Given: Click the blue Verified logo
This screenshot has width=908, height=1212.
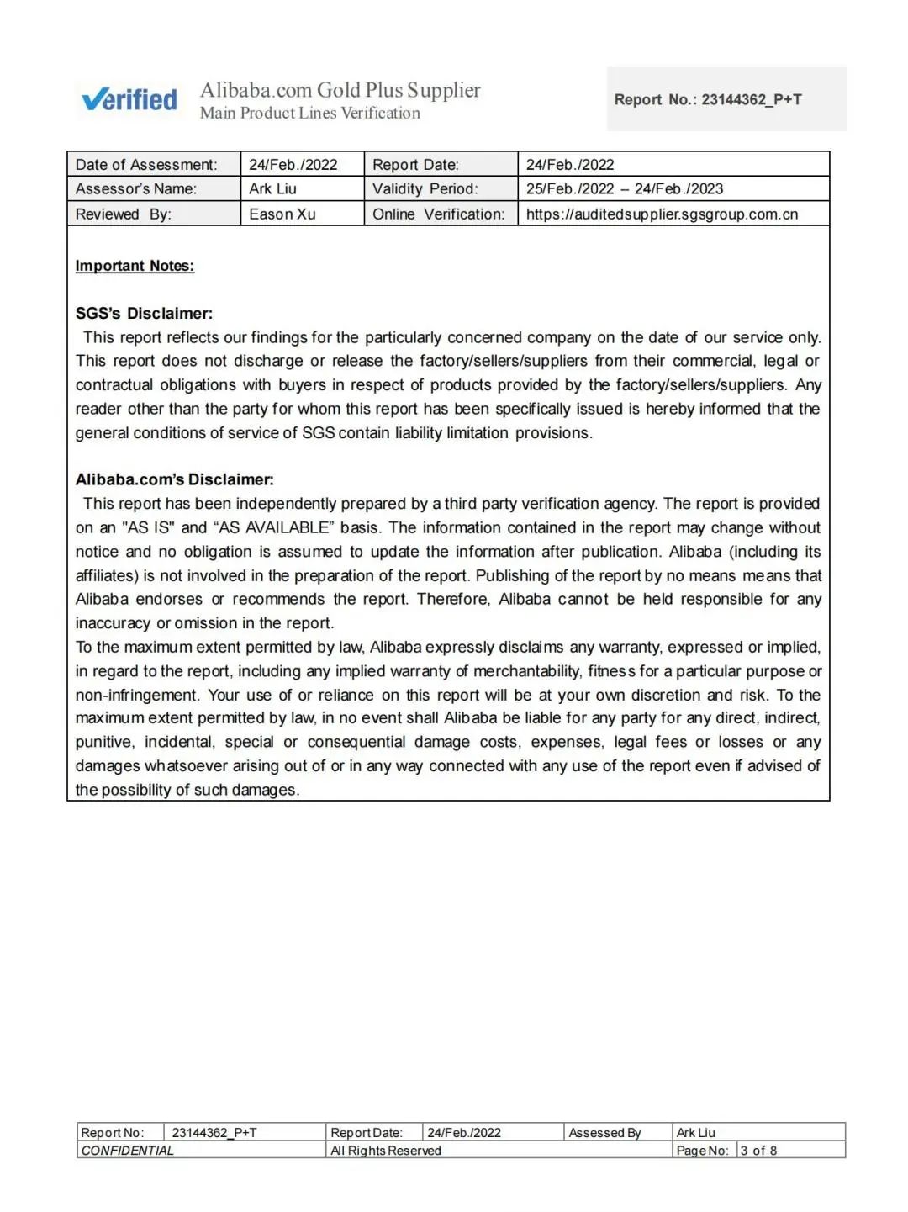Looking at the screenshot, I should click(129, 99).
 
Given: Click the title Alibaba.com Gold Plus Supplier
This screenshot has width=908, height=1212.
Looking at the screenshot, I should click(340, 90).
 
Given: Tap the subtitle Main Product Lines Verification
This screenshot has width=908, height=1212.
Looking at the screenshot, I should click(309, 114).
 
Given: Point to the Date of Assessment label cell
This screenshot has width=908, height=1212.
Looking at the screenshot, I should click(146, 165).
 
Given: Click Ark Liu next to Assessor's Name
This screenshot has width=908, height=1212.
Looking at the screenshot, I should click(272, 189).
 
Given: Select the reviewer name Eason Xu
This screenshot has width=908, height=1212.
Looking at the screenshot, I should click(282, 214).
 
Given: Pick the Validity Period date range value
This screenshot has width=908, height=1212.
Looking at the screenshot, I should click(625, 189).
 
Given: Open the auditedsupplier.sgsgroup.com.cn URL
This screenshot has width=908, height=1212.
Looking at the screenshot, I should click(662, 214).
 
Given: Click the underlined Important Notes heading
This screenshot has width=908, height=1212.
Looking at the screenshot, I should click(135, 266).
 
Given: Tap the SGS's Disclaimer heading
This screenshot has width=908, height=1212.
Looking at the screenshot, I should click(144, 314).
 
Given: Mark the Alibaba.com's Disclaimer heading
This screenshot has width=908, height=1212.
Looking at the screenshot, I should click(174, 479).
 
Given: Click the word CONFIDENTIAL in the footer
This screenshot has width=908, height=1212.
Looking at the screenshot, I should click(127, 1151).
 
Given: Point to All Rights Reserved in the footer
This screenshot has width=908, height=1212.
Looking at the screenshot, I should click(385, 1151).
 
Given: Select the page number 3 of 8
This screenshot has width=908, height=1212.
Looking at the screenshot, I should click(758, 1151).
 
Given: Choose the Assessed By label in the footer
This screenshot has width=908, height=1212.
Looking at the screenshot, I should click(604, 1133).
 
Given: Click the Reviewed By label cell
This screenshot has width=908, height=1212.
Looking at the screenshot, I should click(123, 214).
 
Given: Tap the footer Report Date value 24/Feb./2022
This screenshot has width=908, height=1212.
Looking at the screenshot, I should click(463, 1133).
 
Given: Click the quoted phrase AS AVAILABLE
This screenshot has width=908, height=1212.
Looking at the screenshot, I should click(274, 528).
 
